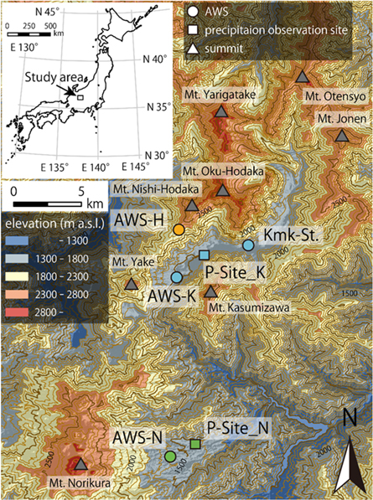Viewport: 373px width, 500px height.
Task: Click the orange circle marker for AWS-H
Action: [179, 229]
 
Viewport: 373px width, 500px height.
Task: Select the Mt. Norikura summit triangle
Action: [81, 465]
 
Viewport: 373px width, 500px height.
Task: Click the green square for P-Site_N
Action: [195, 444]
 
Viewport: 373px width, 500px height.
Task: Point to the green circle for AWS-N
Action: [170, 456]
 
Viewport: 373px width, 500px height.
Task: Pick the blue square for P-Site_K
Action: [203, 255]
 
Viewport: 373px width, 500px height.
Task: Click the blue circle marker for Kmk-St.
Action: [247, 245]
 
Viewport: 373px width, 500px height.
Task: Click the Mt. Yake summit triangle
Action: [132, 284]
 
